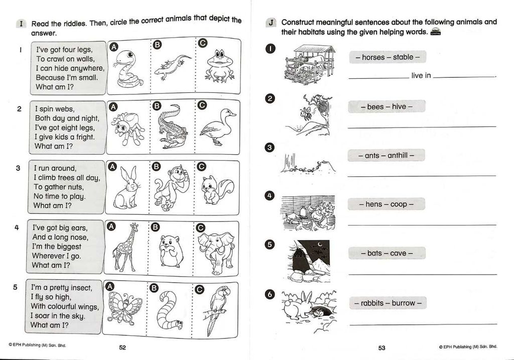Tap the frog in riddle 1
[219, 66]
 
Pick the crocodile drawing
[172, 127]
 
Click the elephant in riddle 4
[216, 253]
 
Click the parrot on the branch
[215, 310]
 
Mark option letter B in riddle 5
[154, 288]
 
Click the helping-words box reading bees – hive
[387, 106]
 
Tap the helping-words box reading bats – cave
[387, 253]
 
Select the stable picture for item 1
[310, 65]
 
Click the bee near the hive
[306, 113]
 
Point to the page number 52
[122, 347]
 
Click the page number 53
[382, 348]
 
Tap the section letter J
[271, 23]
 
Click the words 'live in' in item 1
[421, 75]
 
